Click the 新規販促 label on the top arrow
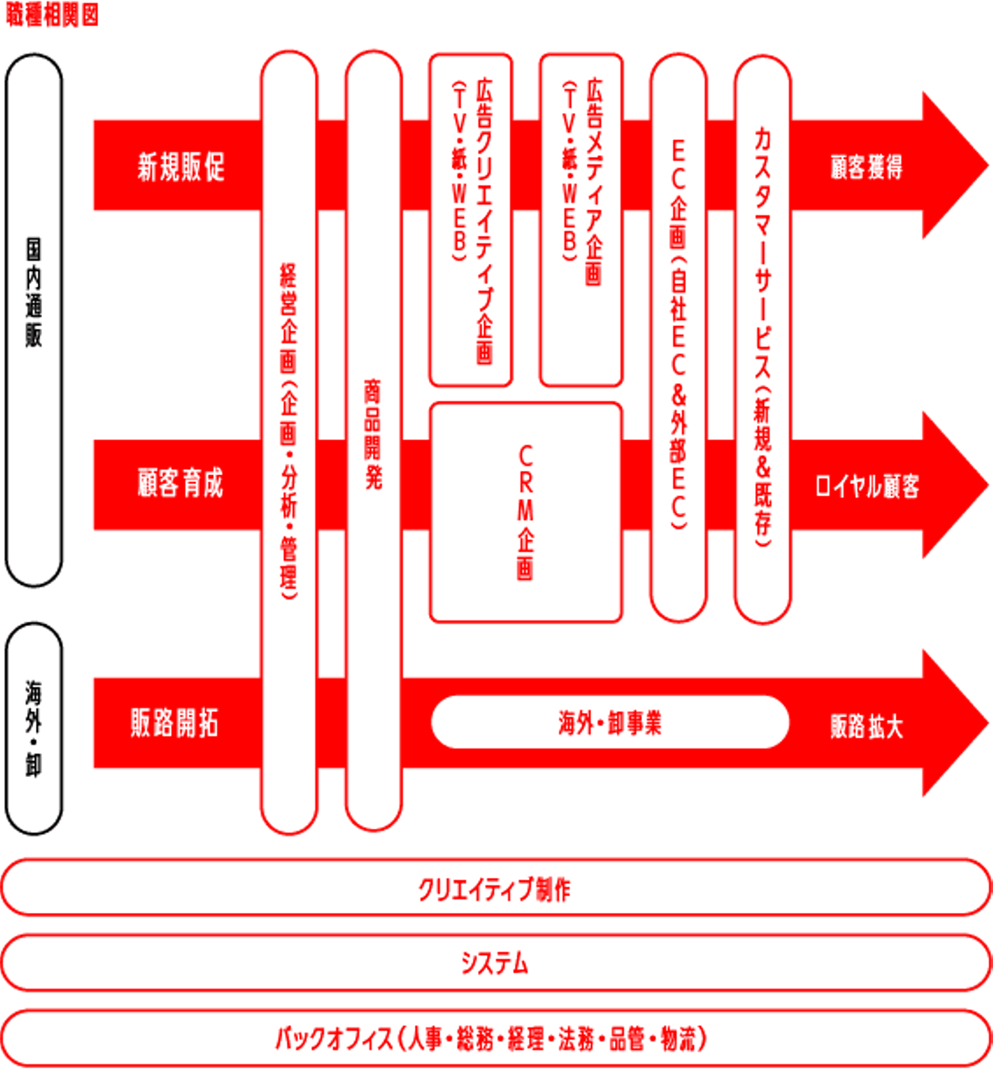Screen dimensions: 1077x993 (181, 167)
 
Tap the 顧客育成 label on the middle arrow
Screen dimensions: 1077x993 (181, 483)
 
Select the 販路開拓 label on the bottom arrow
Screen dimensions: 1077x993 (174, 723)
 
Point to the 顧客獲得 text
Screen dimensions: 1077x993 (866, 167)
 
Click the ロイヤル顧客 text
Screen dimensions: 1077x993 (867, 485)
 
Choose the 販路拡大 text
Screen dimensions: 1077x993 (866, 726)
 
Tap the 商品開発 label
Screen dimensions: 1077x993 (372, 434)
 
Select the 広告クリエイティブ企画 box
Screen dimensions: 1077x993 (470, 221)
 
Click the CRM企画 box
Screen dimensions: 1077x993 (525, 512)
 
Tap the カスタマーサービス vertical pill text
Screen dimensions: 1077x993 (762, 338)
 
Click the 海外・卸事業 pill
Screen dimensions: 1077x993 (610, 723)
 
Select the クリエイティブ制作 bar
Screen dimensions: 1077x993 (495, 889)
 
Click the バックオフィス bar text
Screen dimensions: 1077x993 (491, 1038)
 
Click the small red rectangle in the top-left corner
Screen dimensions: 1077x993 (52, 14)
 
